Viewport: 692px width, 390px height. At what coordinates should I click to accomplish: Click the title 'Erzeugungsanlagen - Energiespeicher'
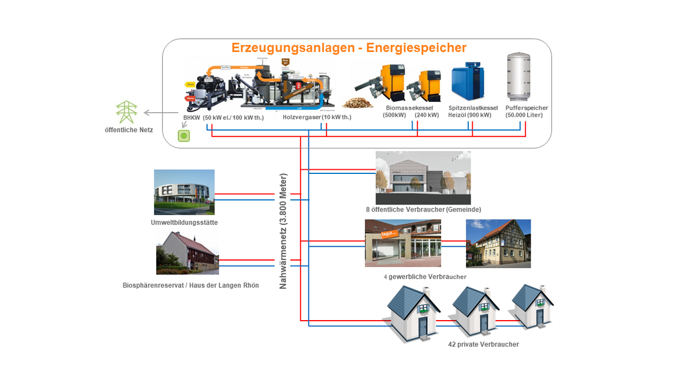pos(349,47)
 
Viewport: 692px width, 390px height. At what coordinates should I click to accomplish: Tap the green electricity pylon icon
pos(126,112)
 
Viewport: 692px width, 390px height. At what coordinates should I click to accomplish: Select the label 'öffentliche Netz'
pos(129,130)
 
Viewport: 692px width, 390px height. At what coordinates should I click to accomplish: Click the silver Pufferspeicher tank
pos(518,77)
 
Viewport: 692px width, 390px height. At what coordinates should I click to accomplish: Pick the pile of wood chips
pos(358,102)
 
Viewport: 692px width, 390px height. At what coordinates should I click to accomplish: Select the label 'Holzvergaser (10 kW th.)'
pos(317,117)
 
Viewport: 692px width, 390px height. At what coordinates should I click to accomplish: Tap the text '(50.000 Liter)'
pos(524,115)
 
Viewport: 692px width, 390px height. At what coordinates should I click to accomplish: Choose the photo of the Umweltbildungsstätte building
pos(184,192)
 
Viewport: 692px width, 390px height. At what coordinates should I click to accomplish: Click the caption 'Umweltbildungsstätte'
pos(185,223)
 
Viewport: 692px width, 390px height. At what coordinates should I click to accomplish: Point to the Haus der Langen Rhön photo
pos(187,252)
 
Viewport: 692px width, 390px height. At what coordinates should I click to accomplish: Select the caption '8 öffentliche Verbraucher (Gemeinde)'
pos(423,209)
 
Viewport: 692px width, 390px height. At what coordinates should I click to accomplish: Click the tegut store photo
pos(403,243)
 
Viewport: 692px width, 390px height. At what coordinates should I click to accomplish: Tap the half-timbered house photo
pos(498,243)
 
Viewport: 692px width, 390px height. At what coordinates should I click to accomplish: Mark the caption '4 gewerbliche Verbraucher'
pos(425,277)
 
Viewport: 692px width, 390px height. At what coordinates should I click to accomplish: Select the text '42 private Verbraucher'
pos(483,344)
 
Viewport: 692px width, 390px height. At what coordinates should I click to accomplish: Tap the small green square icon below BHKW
pos(184,136)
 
